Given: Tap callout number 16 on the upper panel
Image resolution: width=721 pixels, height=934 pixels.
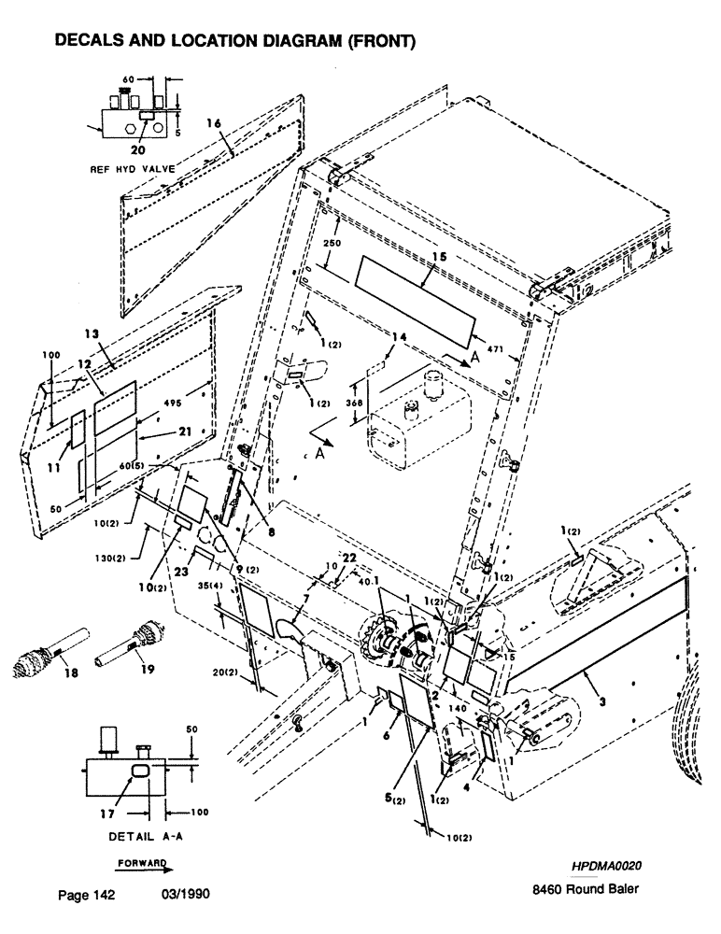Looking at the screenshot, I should coord(213,123).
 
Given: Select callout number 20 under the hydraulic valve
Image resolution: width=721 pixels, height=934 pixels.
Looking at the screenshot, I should coord(138,148).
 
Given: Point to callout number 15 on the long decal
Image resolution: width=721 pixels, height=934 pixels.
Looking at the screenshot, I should coord(438,255).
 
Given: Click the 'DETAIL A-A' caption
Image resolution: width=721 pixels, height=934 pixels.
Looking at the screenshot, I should coord(139,832).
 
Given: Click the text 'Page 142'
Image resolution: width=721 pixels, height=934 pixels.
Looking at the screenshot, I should coord(86,896).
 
